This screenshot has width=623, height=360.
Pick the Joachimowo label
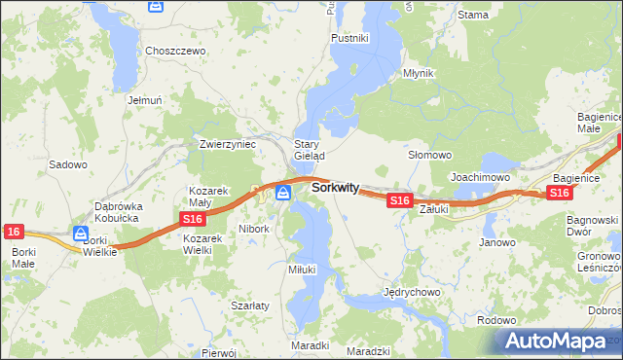481,177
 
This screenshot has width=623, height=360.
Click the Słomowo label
429,155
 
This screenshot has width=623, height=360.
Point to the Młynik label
419,73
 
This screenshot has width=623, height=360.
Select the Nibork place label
254,229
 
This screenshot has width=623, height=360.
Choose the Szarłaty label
249,305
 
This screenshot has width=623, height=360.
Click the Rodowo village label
496,319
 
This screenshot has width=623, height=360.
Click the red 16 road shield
13,231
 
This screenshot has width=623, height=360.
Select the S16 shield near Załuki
398,199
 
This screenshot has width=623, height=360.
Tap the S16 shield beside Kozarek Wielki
192,221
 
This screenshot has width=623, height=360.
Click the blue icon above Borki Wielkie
81,233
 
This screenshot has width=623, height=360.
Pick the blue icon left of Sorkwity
283,192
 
